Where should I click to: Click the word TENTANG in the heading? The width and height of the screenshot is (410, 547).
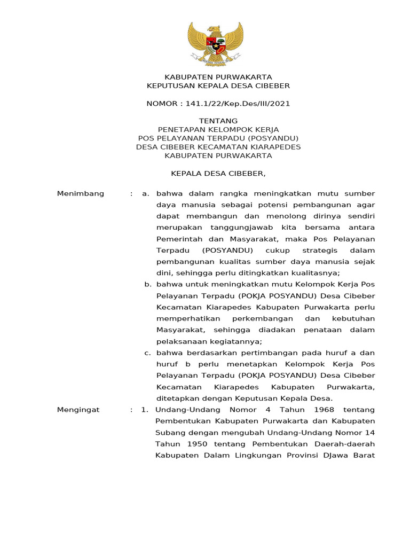[218, 121]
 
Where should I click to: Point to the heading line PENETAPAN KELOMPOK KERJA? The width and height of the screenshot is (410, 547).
[218, 129]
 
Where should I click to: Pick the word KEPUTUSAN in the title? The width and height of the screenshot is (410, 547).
[169, 85]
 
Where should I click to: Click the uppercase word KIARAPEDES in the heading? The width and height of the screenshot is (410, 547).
[273, 147]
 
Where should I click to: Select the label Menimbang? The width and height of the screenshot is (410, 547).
[81, 193]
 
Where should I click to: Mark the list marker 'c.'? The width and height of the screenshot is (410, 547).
[148, 353]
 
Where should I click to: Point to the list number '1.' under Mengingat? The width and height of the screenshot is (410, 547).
[144, 410]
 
